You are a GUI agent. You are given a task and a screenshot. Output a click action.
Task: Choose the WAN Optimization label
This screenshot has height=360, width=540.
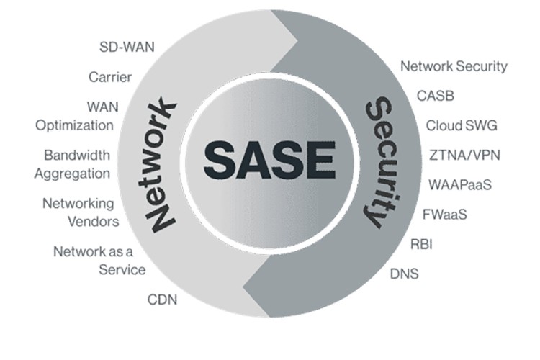coord(76,115)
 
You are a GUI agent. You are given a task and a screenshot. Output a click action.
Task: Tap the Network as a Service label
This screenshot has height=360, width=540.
coord(99,261)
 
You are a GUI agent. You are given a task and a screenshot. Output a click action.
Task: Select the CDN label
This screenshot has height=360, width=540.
coord(162,299)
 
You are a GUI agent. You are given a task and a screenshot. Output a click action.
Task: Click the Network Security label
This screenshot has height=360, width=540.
coord(454,66)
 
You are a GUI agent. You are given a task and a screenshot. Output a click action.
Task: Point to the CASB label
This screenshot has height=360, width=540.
coord(436,95)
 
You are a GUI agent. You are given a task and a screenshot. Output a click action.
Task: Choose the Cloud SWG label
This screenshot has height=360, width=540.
coord(462,125)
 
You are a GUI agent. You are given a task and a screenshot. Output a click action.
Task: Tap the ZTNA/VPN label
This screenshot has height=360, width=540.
coord(464,154)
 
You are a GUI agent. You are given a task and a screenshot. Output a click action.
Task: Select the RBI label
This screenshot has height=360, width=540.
coord(421,244)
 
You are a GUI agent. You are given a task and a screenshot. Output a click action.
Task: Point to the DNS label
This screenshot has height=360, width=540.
coord(404,274)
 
